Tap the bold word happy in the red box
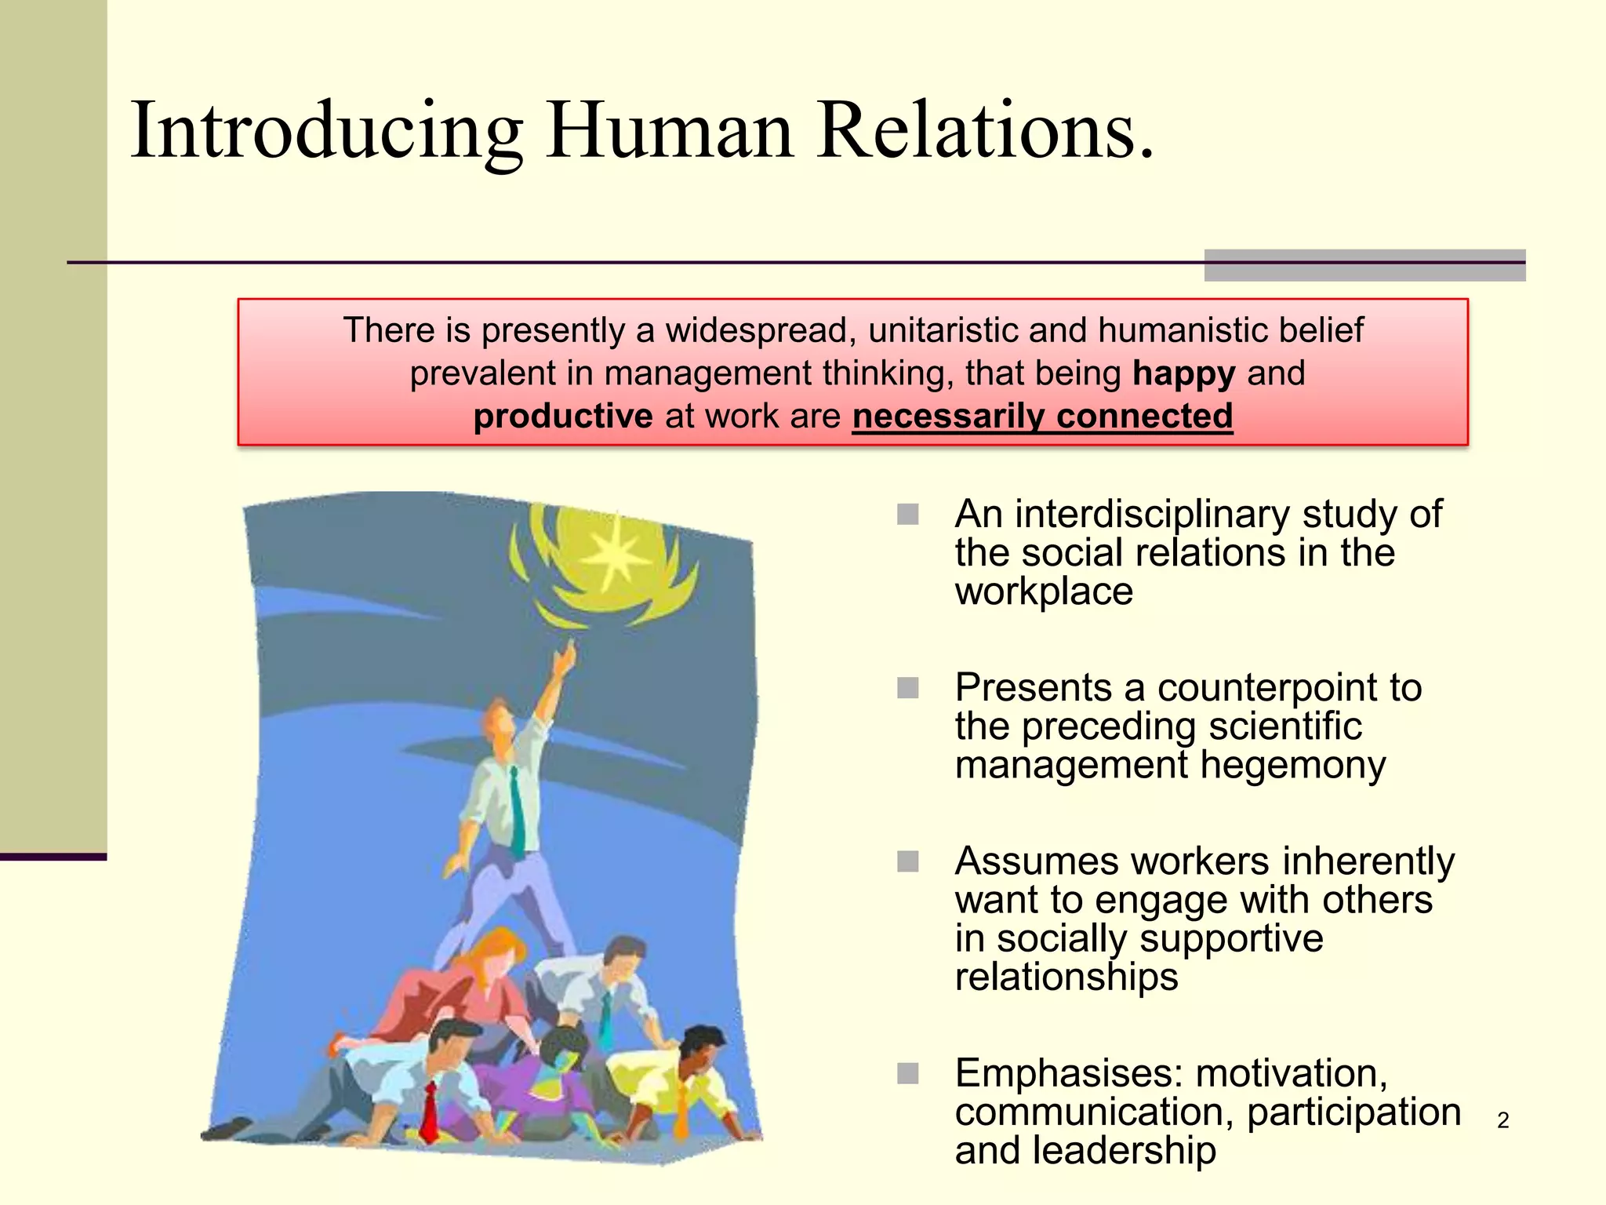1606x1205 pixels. point(1184,373)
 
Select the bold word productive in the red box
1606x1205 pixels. point(562,417)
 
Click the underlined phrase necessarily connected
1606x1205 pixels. point(1042,417)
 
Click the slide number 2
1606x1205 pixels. point(1502,1120)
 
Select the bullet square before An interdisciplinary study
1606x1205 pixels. point(908,515)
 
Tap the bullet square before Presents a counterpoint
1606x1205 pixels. point(908,688)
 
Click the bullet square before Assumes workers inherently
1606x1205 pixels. point(908,861)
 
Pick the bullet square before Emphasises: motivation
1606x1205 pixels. point(908,1073)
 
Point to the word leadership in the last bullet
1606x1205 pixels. point(1124,1151)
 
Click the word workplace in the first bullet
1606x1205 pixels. point(1044,592)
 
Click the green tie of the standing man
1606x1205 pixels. point(518,812)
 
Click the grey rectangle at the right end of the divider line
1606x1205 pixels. point(1364,265)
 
